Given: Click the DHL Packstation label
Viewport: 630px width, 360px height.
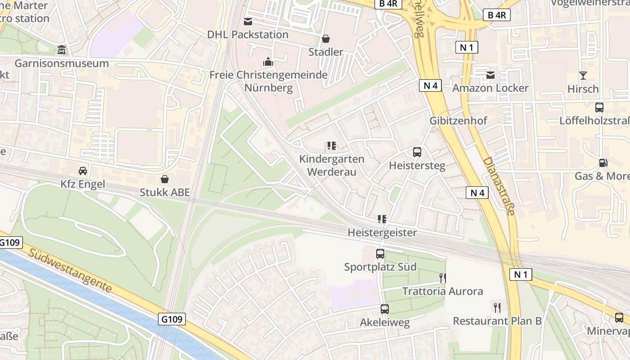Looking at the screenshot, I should coord(248,34).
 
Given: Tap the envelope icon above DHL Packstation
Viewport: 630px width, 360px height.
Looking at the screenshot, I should coord(248,21).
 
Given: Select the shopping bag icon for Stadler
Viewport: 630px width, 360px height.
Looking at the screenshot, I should coord(326,39).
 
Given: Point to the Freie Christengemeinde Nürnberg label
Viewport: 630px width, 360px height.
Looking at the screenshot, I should coord(269,81).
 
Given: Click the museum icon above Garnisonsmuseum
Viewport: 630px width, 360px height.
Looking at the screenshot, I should coord(62,49).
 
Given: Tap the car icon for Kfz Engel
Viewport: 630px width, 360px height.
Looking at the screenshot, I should coord(83,171).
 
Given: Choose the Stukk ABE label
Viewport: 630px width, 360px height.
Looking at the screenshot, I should coord(165,192).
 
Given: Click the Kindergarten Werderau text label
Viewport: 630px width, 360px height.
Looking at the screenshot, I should coord(332,165).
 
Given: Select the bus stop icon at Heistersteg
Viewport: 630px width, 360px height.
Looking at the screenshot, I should coord(417,152).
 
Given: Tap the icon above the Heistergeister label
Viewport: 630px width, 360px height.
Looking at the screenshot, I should coord(382,219).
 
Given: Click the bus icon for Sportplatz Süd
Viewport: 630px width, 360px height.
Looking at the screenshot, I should coord(380,254).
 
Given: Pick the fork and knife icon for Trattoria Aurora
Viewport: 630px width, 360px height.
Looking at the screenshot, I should coord(443,278).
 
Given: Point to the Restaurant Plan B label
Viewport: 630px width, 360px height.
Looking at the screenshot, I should coord(497,321).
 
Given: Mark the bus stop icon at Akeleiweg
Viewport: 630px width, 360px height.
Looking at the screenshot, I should coord(385,309).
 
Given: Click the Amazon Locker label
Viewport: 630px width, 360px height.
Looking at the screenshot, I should coord(490,88).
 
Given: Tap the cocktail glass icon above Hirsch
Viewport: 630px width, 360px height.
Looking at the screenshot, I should coord(583,75).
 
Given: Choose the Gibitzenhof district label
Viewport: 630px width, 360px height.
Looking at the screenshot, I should coord(458,121).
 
